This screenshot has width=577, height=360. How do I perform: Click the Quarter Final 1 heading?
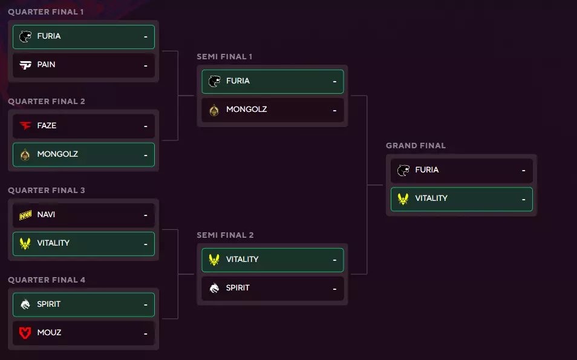(46, 12)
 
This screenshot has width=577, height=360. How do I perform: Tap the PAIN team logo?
(25, 65)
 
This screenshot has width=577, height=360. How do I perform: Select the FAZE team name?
(47, 126)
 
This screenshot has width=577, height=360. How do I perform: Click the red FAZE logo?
(25, 126)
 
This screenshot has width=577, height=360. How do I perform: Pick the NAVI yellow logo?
(25, 215)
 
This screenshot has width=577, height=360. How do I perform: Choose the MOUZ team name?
(49, 333)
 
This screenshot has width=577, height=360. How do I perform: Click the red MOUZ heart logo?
(25, 333)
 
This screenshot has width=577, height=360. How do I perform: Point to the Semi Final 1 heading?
(224, 57)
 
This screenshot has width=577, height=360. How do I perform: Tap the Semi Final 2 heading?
(225, 235)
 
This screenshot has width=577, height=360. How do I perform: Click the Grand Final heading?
(416, 146)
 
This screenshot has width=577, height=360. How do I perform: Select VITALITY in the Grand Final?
(431, 198)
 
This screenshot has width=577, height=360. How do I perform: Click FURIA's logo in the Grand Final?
(403, 171)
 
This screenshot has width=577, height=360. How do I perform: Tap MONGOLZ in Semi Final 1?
(246, 110)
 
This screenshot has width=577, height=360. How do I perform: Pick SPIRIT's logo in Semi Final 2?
(214, 288)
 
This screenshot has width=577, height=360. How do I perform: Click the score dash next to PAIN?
(146, 65)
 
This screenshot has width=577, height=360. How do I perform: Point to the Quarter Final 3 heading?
(47, 191)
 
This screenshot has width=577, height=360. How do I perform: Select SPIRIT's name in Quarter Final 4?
(48, 304)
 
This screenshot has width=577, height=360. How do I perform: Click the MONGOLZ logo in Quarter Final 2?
(25, 155)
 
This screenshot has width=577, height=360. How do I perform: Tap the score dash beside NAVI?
(146, 215)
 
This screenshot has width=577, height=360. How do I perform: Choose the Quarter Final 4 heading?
(47, 280)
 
